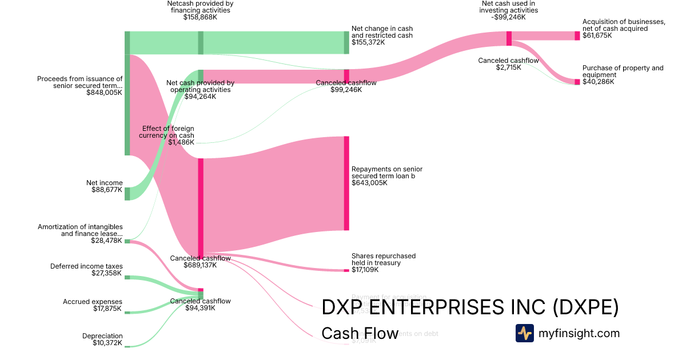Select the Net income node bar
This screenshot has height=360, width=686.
tap(127, 194)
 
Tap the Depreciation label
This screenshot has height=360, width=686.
tap(102, 336)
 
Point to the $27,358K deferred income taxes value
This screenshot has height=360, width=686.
tap(107, 274)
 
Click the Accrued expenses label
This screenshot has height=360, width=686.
tap(93, 302)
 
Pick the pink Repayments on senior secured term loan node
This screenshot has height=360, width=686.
tap(346, 183)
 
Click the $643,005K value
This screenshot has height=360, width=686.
tap(369, 183)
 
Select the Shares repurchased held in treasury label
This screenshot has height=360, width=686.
tap(384, 259)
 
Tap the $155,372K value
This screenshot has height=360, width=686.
tap(368, 42)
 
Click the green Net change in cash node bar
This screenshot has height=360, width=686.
tap(346, 43)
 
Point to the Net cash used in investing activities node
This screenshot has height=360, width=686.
tap(509, 38)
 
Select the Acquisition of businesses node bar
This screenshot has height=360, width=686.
tap(577, 36)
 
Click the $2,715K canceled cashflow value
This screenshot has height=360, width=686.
tap(508, 67)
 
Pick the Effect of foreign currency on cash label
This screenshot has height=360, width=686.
tap(167, 132)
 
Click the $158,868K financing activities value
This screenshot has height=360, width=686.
tap(200, 17)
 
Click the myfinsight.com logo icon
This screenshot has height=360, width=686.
tap(524, 333)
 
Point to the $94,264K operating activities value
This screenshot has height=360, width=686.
tap(200, 97)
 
